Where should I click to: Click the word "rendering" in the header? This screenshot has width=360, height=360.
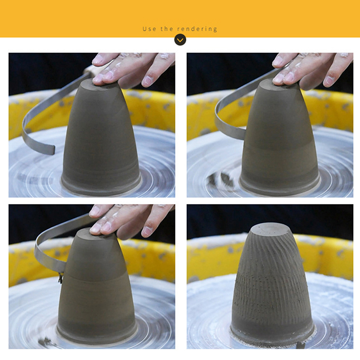click(x=197, y=29)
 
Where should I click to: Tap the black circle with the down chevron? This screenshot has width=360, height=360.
click(x=180, y=40)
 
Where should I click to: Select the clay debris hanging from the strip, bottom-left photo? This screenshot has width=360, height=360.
click(x=61, y=278)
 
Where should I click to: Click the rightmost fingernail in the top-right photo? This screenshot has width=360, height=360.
click(x=329, y=80)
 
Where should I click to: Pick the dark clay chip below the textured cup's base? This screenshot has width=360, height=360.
click(x=301, y=345)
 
